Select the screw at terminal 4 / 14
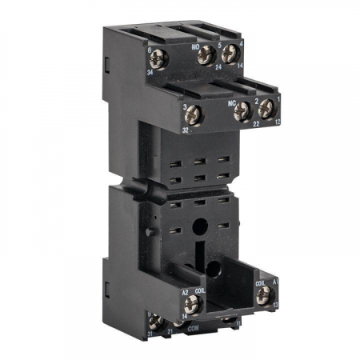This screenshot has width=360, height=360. (x=230, y=54)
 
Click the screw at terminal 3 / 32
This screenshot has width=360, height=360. (x=196, y=116)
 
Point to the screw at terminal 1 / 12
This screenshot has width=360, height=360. (x=266, y=108)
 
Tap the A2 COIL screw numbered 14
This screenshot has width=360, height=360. (x=191, y=303)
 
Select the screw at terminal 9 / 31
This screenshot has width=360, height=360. (x=158, y=323)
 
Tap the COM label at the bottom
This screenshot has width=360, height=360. (x=192, y=329)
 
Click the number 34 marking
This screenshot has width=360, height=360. (x=150, y=71)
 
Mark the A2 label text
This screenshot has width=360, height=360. (x=185, y=290)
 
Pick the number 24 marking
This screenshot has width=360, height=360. (x=218, y=67)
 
